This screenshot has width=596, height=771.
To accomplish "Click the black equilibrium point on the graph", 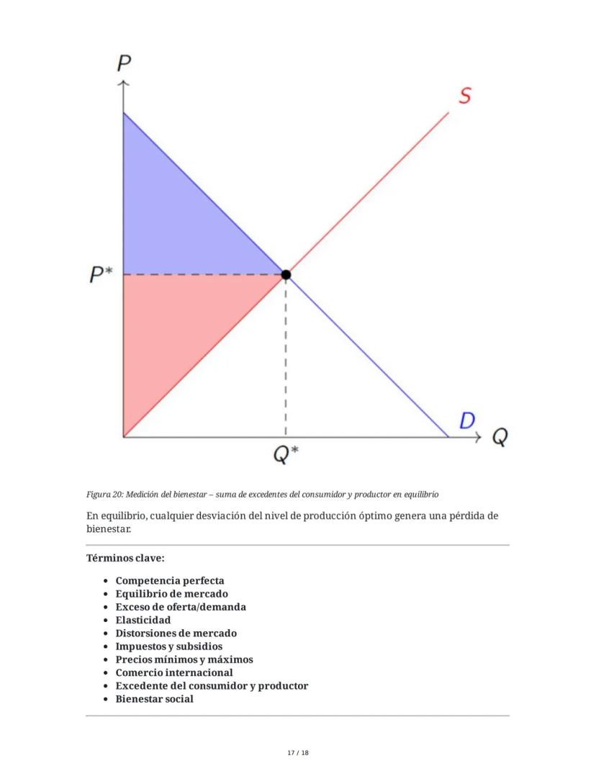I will [286, 274].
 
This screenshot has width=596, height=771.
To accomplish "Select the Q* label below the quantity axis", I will [286, 454].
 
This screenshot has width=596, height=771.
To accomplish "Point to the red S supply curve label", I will [465, 95].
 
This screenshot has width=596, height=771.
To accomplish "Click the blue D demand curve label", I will [467, 420].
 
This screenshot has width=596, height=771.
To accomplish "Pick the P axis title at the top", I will [124, 63].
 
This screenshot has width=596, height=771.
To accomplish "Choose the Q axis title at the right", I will [500, 437].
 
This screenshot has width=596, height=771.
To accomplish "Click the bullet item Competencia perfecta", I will [170, 580].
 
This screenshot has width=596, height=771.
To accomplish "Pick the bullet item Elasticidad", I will [143, 620].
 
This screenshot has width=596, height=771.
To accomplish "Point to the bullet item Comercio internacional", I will [174, 672].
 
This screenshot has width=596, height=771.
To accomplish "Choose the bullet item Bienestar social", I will [154, 699].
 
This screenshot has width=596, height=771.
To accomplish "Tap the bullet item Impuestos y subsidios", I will [169, 646].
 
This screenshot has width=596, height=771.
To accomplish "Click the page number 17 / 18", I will [297, 752].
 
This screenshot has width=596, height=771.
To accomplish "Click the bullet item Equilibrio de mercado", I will [171, 594].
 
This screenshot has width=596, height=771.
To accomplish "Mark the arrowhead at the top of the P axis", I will [124, 84].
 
